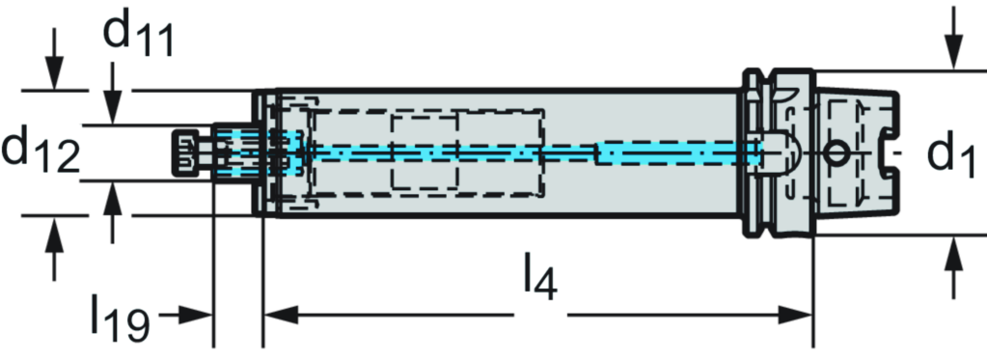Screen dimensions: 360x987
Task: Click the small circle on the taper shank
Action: [x=836, y=152]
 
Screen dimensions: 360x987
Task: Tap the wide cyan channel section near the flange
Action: [x=675, y=152]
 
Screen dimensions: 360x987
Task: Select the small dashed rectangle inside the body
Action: [x=424, y=152]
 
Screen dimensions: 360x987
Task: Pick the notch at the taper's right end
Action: [x=889, y=152]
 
